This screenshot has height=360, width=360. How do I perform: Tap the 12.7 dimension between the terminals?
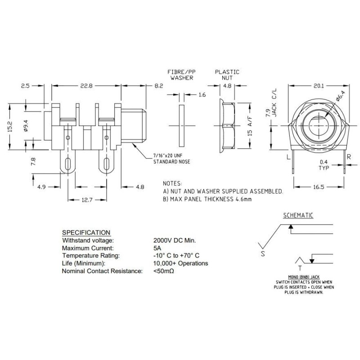[87, 201]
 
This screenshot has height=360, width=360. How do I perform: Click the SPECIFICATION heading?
[85, 232]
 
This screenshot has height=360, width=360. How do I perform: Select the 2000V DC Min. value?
[175, 241]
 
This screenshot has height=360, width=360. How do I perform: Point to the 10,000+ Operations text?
[180, 263]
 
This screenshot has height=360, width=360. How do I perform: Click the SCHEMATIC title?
[297, 215]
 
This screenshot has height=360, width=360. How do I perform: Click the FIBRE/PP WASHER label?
[182, 75]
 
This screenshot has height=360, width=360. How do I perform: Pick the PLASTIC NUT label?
[227, 75]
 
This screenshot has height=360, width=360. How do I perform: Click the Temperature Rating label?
[90, 256]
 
